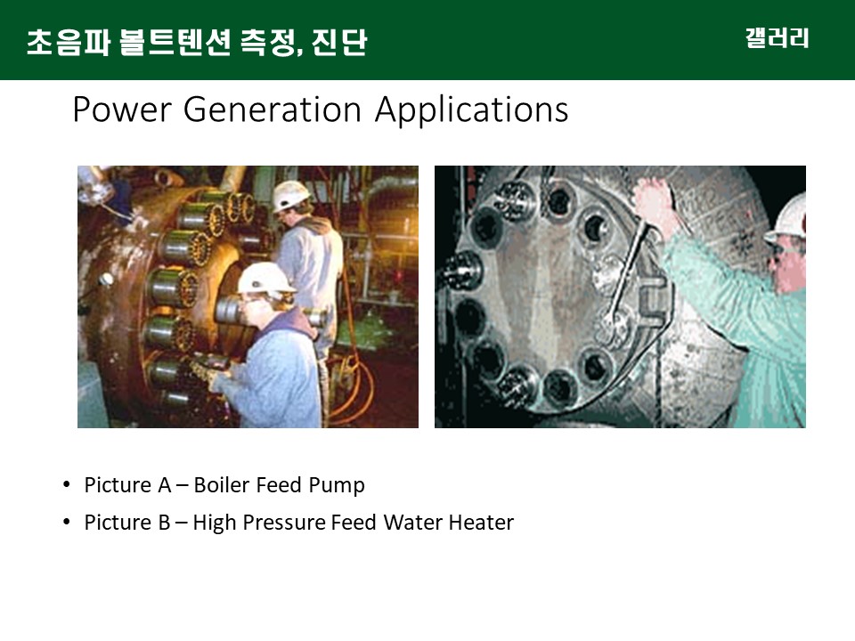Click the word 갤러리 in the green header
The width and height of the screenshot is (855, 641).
click(777, 38)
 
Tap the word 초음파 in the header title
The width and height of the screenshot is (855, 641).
click(69, 42)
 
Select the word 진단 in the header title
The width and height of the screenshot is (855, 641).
click(339, 42)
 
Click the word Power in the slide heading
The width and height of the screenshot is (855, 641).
click(122, 110)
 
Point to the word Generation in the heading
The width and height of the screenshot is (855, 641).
click(273, 110)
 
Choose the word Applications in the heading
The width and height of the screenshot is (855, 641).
click(472, 110)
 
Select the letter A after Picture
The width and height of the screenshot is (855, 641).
click(165, 484)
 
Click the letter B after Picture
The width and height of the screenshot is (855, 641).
click(164, 523)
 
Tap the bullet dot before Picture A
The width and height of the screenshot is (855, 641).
click(67, 484)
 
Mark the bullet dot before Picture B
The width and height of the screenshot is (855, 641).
click(67, 522)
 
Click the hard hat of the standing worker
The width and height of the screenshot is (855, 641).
click(290, 195)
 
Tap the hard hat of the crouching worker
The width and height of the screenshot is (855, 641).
click(265, 278)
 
